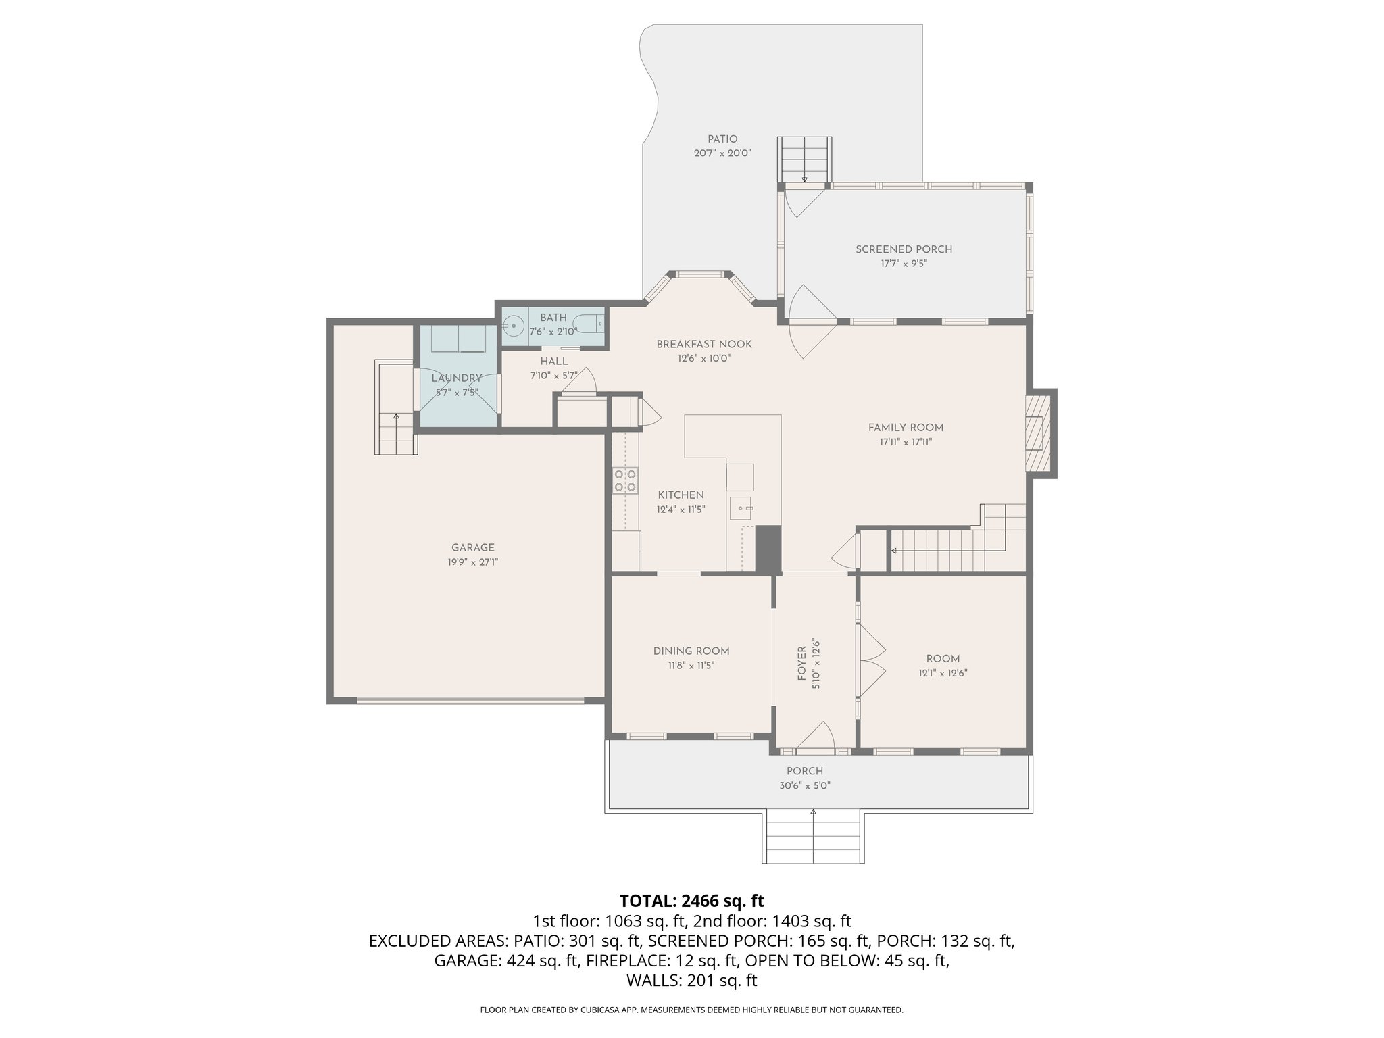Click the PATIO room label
(722, 139)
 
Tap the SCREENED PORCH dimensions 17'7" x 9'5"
(904, 264)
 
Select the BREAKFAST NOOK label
(704, 345)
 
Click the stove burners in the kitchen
(624, 480)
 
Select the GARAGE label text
(473, 548)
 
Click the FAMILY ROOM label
(906, 428)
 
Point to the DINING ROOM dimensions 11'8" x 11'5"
(691, 666)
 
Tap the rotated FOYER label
(801, 664)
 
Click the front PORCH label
(804, 771)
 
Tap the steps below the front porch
(814, 839)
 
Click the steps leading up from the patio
(804, 158)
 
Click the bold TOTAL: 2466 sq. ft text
(691, 901)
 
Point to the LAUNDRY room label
(457, 378)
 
